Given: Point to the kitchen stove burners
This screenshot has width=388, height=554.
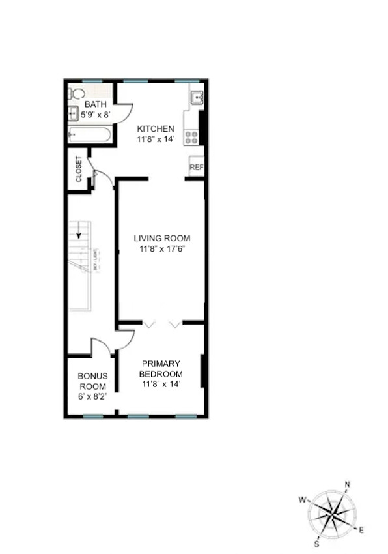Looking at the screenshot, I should [x=192, y=137].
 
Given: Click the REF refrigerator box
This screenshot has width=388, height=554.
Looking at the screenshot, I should [x=196, y=168].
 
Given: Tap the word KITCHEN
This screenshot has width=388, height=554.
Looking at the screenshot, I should [x=156, y=129].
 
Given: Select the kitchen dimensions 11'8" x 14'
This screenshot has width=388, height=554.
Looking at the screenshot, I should [x=156, y=139].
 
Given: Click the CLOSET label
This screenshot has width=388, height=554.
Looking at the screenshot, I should [x=79, y=169].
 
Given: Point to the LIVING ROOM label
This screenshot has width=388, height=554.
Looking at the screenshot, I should [x=162, y=239].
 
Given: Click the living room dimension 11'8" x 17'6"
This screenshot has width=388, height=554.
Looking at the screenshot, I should [x=162, y=249].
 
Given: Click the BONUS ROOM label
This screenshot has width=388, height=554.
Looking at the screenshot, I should [x=92, y=381].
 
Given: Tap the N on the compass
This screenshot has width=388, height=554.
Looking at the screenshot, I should [x=347, y=484].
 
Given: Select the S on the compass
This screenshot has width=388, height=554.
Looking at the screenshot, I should [x=317, y=544].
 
